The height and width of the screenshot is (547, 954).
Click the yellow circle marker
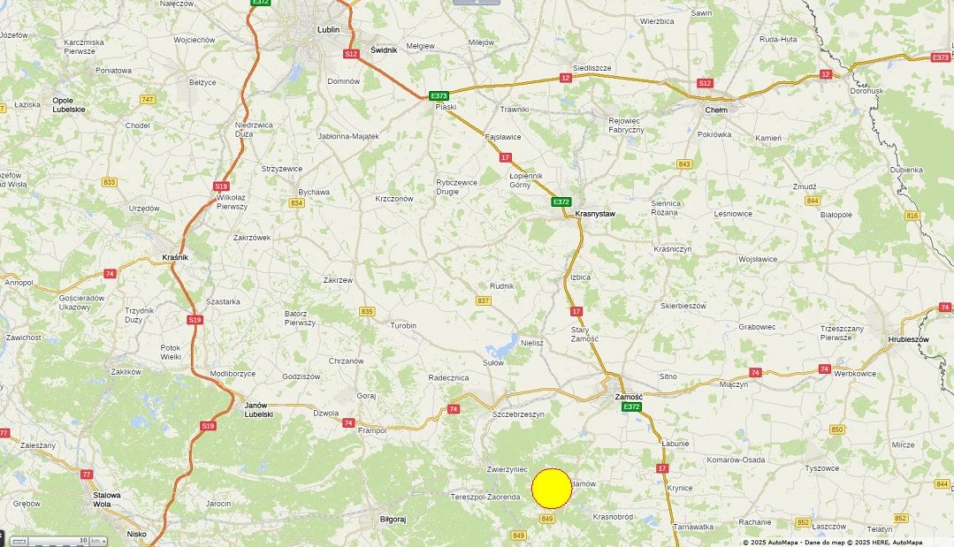552,489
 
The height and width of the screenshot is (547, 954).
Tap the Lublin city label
328,29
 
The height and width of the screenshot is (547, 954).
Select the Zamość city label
629,397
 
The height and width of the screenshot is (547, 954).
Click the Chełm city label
715,110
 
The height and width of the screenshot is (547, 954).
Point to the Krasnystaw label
594,214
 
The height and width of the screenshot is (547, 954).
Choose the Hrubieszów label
908,339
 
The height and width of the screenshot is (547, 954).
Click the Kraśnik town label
175,257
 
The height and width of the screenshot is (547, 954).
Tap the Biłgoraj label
392,520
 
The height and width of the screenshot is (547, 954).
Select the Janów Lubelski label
258,409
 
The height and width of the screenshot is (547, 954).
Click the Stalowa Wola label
107,499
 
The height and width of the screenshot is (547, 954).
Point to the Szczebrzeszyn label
518,414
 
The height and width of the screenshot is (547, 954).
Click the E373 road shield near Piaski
439,95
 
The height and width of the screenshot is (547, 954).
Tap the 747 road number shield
147,99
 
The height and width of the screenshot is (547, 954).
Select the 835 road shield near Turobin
367,311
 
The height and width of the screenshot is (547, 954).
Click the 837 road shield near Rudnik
483,300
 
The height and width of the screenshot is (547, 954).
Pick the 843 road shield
683,164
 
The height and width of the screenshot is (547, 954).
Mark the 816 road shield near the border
912,216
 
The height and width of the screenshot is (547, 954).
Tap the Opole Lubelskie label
69,104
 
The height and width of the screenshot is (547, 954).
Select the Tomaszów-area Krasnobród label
613,517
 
